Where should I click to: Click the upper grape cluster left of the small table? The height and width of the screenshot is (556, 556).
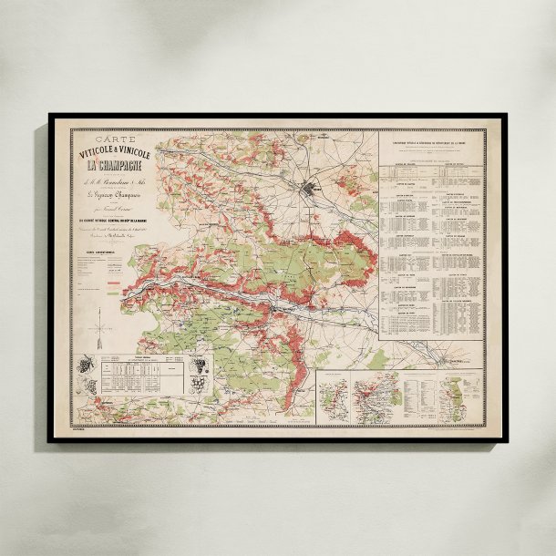(87, 365)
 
